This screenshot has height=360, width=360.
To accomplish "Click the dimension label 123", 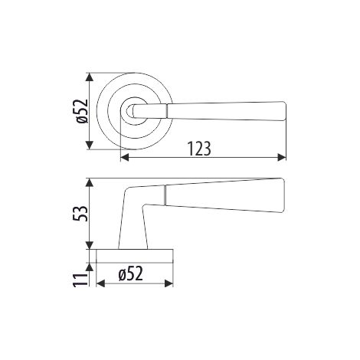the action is click(x=199, y=149).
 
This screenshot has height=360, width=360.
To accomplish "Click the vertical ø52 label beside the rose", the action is click(x=82, y=111).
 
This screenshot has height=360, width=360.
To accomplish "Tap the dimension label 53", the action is click(x=82, y=214).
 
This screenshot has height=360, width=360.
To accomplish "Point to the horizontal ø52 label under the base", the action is click(x=130, y=273).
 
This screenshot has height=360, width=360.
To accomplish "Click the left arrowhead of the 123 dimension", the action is click(x=124, y=158).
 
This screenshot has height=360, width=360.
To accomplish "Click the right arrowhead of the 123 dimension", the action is click(x=282, y=158).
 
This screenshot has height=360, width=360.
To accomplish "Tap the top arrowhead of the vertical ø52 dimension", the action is click(x=89, y=77).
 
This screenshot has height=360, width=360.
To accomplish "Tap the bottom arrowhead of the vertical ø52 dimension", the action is click(x=89, y=146).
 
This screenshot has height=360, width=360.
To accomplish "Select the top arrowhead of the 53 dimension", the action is click(x=89, y=182).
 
